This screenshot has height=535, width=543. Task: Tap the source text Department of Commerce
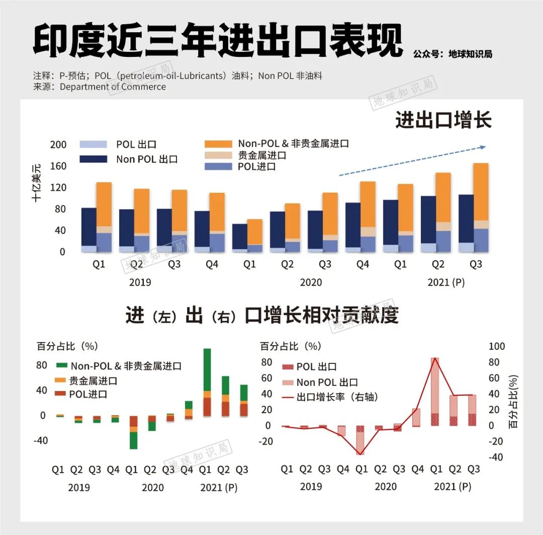(113, 87)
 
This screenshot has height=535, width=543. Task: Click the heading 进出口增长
(443, 121)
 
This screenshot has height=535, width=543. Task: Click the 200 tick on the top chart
(58, 145)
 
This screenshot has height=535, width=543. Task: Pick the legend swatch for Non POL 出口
(94, 159)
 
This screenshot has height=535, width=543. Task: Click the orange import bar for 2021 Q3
(481, 191)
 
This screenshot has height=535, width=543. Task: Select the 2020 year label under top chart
(311, 282)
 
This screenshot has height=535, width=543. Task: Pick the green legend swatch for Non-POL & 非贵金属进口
(62, 365)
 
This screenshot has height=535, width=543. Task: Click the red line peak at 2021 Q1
(435, 358)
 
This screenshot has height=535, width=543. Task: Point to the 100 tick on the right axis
(497, 347)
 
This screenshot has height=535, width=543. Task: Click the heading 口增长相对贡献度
(321, 316)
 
